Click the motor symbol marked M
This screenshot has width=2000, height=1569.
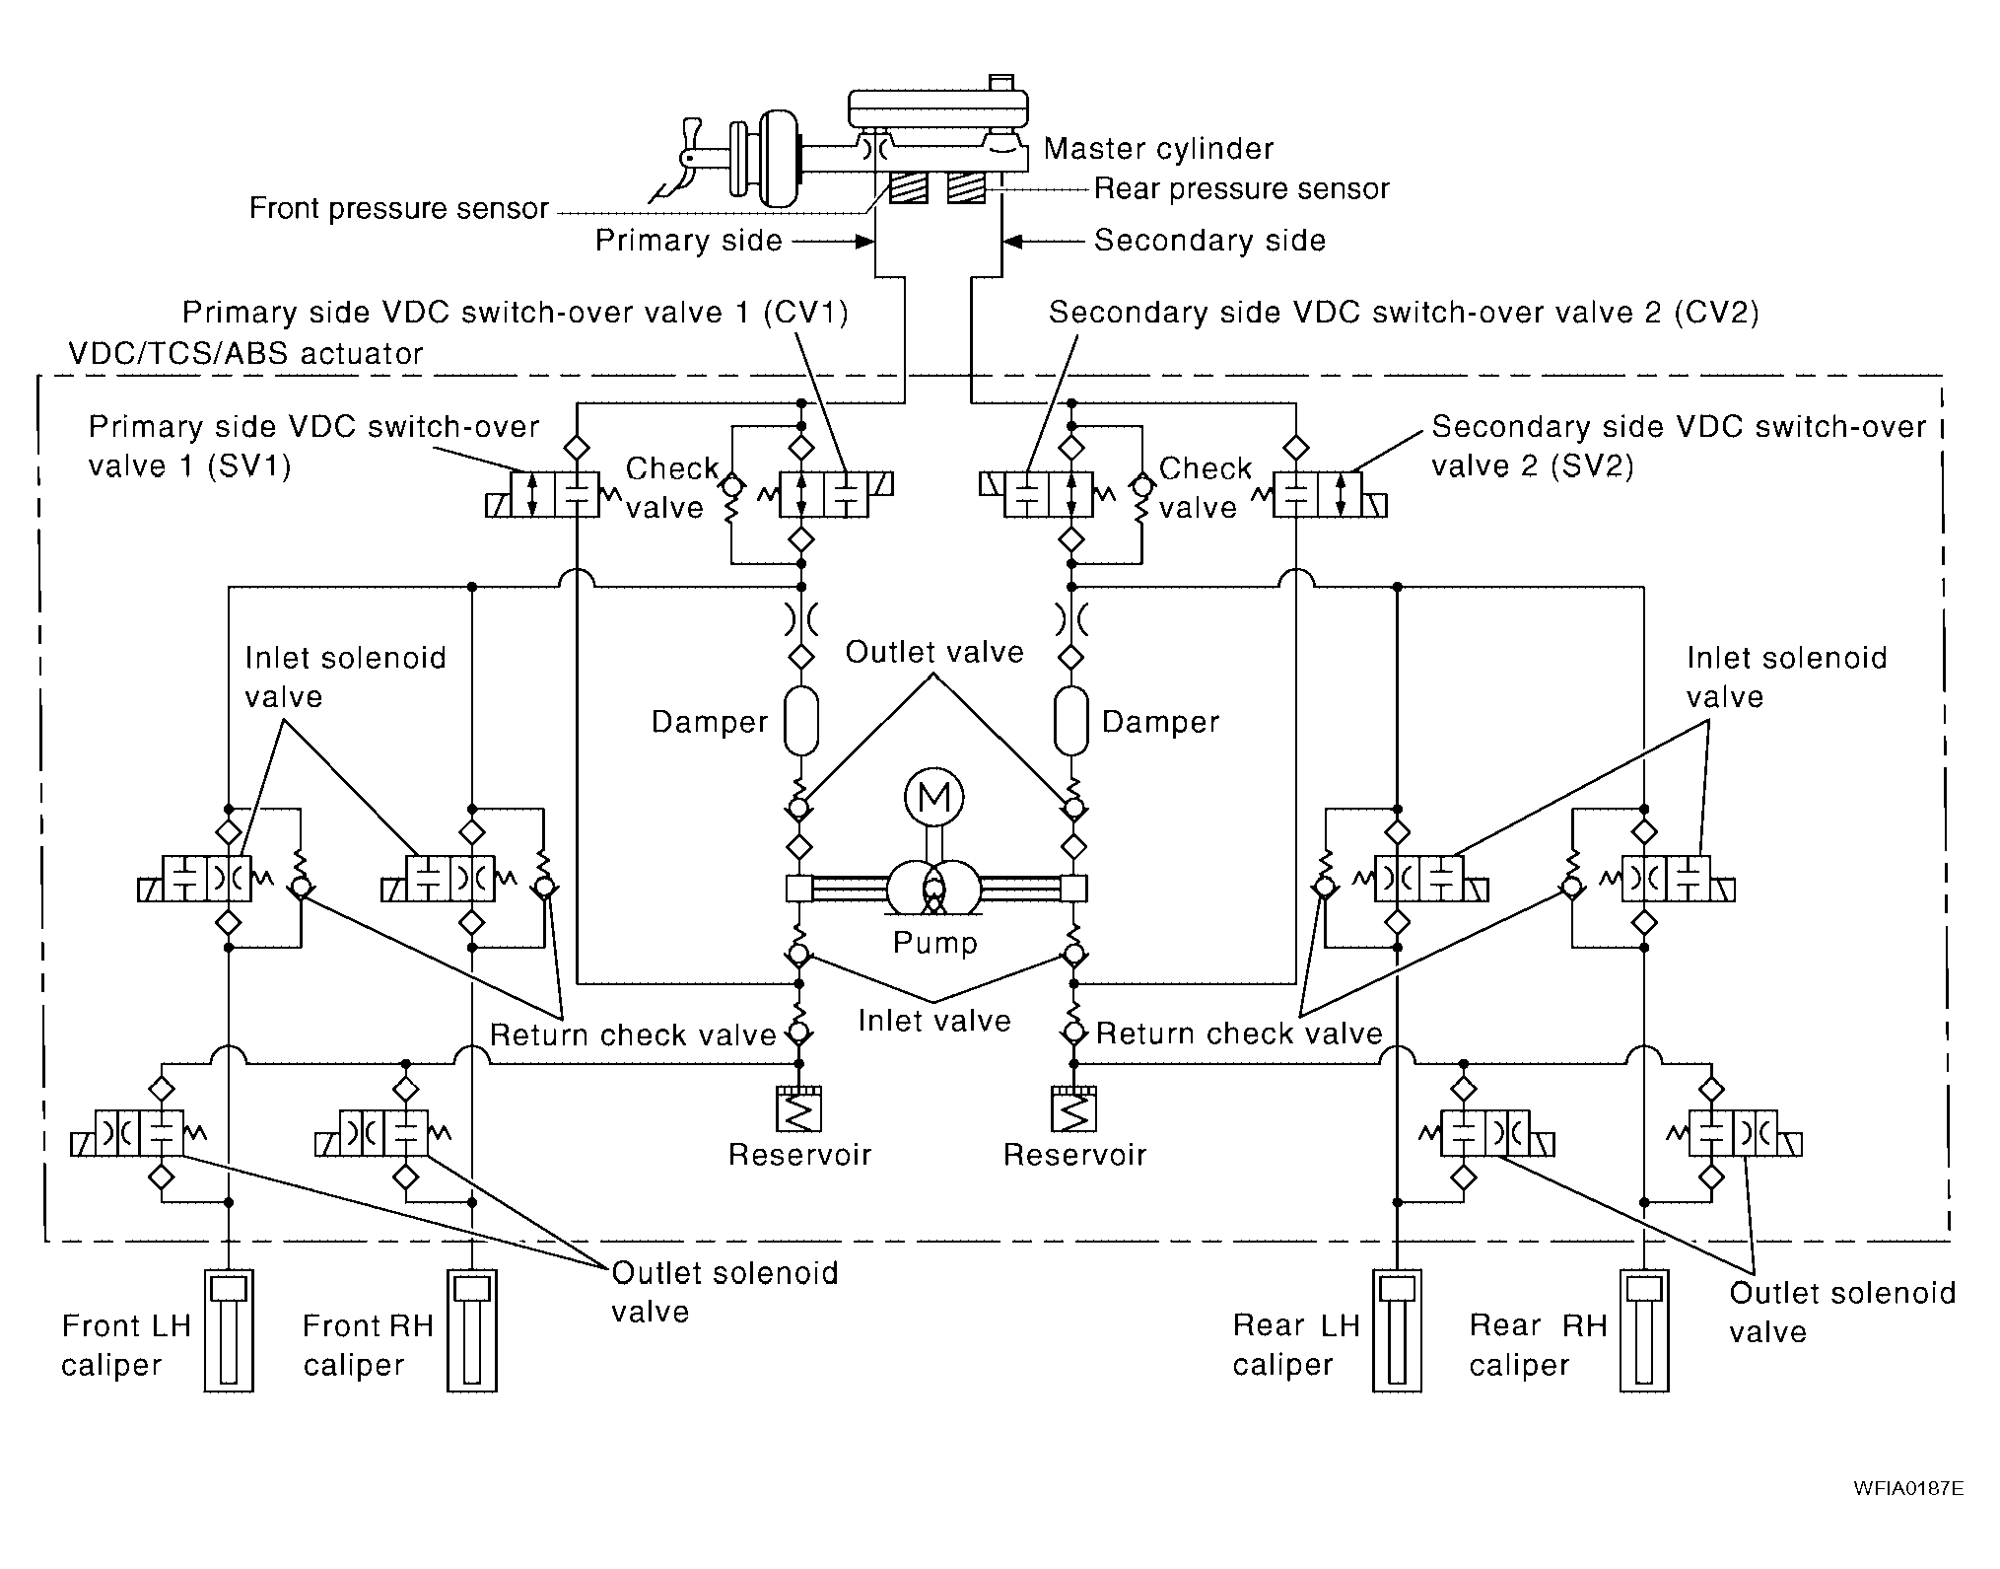(933, 797)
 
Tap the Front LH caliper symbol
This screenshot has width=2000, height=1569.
(229, 1330)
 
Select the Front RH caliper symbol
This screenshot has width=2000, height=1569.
(472, 1330)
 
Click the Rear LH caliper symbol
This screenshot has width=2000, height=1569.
(1397, 1330)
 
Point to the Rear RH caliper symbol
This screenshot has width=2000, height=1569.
(1644, 1330)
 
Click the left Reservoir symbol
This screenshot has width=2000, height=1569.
(800, 1109)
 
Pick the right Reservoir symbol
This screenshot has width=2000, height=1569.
(1074, 1109)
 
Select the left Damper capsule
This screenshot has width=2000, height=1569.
(801, 722)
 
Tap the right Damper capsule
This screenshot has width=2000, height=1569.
(1071, 722)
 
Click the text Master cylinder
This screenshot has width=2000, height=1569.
(1158, 149)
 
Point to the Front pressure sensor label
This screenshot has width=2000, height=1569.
(398, 208)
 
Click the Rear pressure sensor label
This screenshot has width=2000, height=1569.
(1242, 188)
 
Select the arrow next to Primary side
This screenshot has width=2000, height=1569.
(834, 241)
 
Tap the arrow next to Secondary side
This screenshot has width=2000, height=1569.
(1043, 241)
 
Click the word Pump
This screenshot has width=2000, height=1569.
(934, 943)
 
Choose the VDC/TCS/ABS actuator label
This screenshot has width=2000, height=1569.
(246, 353)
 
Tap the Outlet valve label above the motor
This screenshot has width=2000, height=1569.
(934, 652)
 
